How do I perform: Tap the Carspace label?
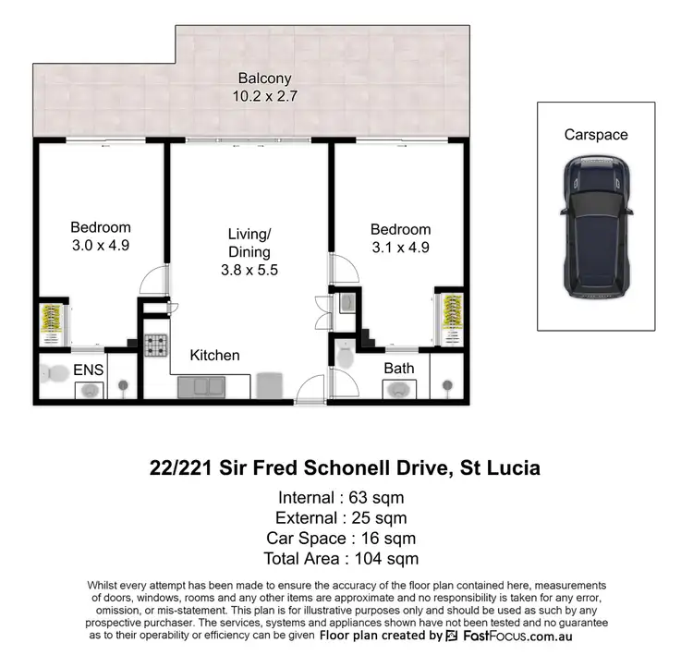click(596, 135)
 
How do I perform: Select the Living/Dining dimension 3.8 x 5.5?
click(249, 270)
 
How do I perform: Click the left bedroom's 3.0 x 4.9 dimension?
click(101, 247)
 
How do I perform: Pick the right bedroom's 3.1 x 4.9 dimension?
click(400, 248)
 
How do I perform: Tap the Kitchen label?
click(214, 355)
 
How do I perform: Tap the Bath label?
click(399, 369)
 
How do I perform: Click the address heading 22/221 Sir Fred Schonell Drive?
click(345, 468)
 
